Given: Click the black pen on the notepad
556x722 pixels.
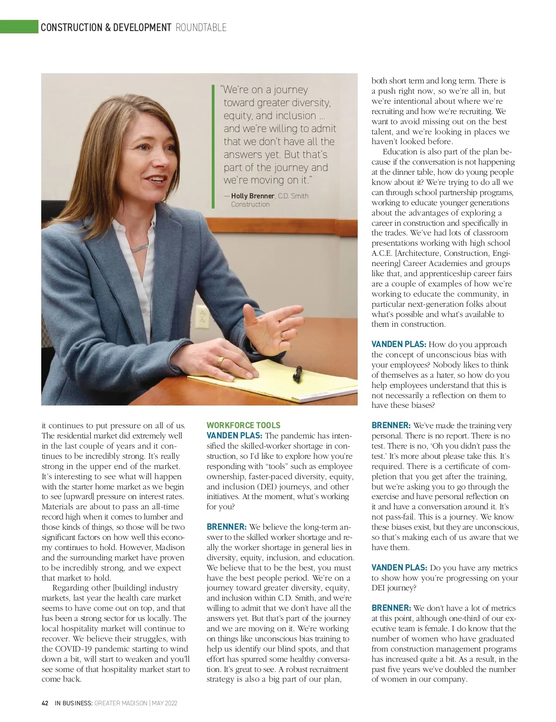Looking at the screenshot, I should tap(297, 373).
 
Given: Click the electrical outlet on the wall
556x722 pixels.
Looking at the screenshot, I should tap(202, 317).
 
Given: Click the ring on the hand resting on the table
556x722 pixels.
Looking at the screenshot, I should tap(221, 361).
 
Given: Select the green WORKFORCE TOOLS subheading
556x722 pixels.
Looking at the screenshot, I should tap(243, 425).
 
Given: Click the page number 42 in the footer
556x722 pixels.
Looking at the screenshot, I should tap(45, 703).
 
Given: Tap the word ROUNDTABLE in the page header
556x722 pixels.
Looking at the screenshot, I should tap(201, 28).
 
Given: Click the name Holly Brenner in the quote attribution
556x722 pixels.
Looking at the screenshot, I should tap(253, 196).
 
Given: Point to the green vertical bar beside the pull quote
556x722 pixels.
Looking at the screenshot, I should tap(213, 146).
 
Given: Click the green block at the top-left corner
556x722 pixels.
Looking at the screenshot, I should tap(19, 27).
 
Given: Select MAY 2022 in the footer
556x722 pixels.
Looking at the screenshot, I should tap(164, 703).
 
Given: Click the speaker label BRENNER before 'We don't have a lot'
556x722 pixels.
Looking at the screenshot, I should tap(391, 608).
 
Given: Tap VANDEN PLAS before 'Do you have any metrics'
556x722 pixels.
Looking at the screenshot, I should tap(399, 568).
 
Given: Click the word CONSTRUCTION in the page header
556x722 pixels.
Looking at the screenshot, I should tap(71, 28).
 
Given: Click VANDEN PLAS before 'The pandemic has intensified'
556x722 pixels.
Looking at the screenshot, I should tap(234, 436).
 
